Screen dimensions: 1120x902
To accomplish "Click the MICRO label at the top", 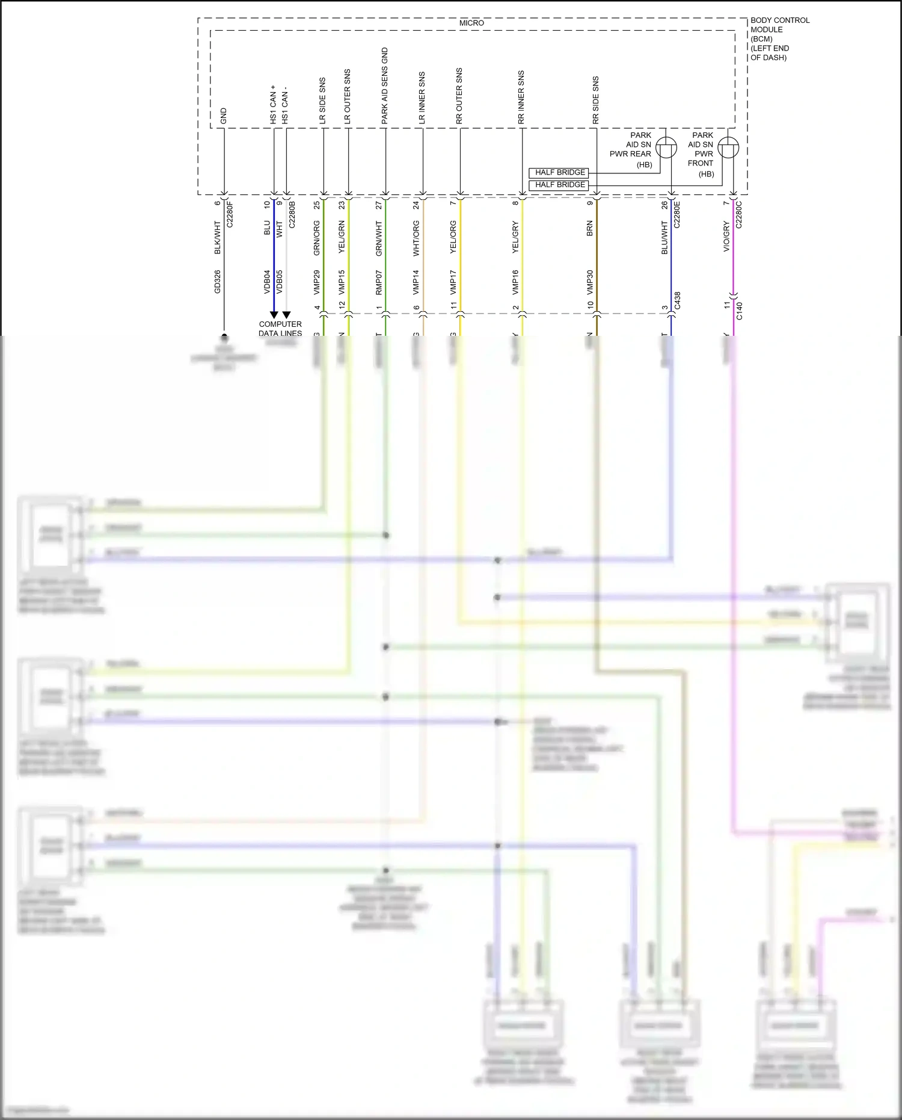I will point(471,23).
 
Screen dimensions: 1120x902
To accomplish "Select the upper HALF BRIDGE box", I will point(560,173).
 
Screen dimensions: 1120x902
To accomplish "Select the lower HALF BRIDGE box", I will point(560,185).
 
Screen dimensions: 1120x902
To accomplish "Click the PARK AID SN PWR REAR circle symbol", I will point(666,148).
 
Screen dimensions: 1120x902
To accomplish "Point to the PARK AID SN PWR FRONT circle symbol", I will point(728,148).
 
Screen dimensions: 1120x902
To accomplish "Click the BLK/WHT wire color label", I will point(218,237).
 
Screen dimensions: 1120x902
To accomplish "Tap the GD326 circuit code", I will point(218,282).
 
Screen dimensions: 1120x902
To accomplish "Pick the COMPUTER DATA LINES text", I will point(280,329).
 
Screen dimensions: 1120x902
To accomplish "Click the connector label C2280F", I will point(230,215).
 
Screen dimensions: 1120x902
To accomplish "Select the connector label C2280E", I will point(677,215).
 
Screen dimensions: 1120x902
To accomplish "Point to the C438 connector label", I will point(677,301).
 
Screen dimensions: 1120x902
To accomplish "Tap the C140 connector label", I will point(740,311).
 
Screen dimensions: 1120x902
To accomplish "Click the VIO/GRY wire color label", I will point(726,237).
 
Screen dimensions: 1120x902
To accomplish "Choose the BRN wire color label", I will point(590,228).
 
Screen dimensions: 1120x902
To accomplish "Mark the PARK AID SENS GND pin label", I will point(385,86).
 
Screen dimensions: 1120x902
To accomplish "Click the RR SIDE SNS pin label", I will point(595,100).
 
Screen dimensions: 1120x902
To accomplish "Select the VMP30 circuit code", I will point(590,282).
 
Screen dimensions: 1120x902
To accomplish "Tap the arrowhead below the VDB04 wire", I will point(274,315).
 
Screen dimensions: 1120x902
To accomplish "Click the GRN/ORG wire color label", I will point(317,238).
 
